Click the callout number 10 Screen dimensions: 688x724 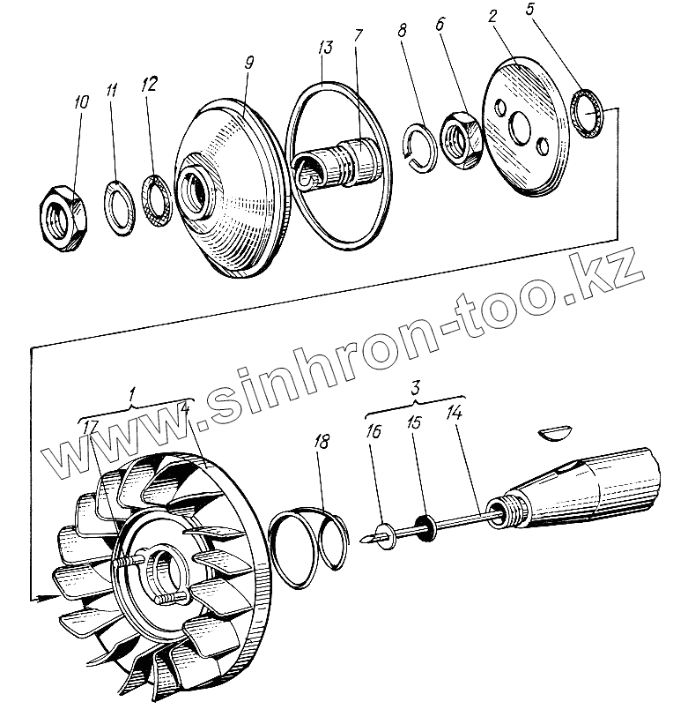pos(81,103)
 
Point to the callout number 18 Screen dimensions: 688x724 pos(322,442)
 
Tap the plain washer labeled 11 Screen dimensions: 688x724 pos(117,205)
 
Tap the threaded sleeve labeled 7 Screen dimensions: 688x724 pos(349,164)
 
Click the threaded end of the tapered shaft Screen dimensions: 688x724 pos(504,511)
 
